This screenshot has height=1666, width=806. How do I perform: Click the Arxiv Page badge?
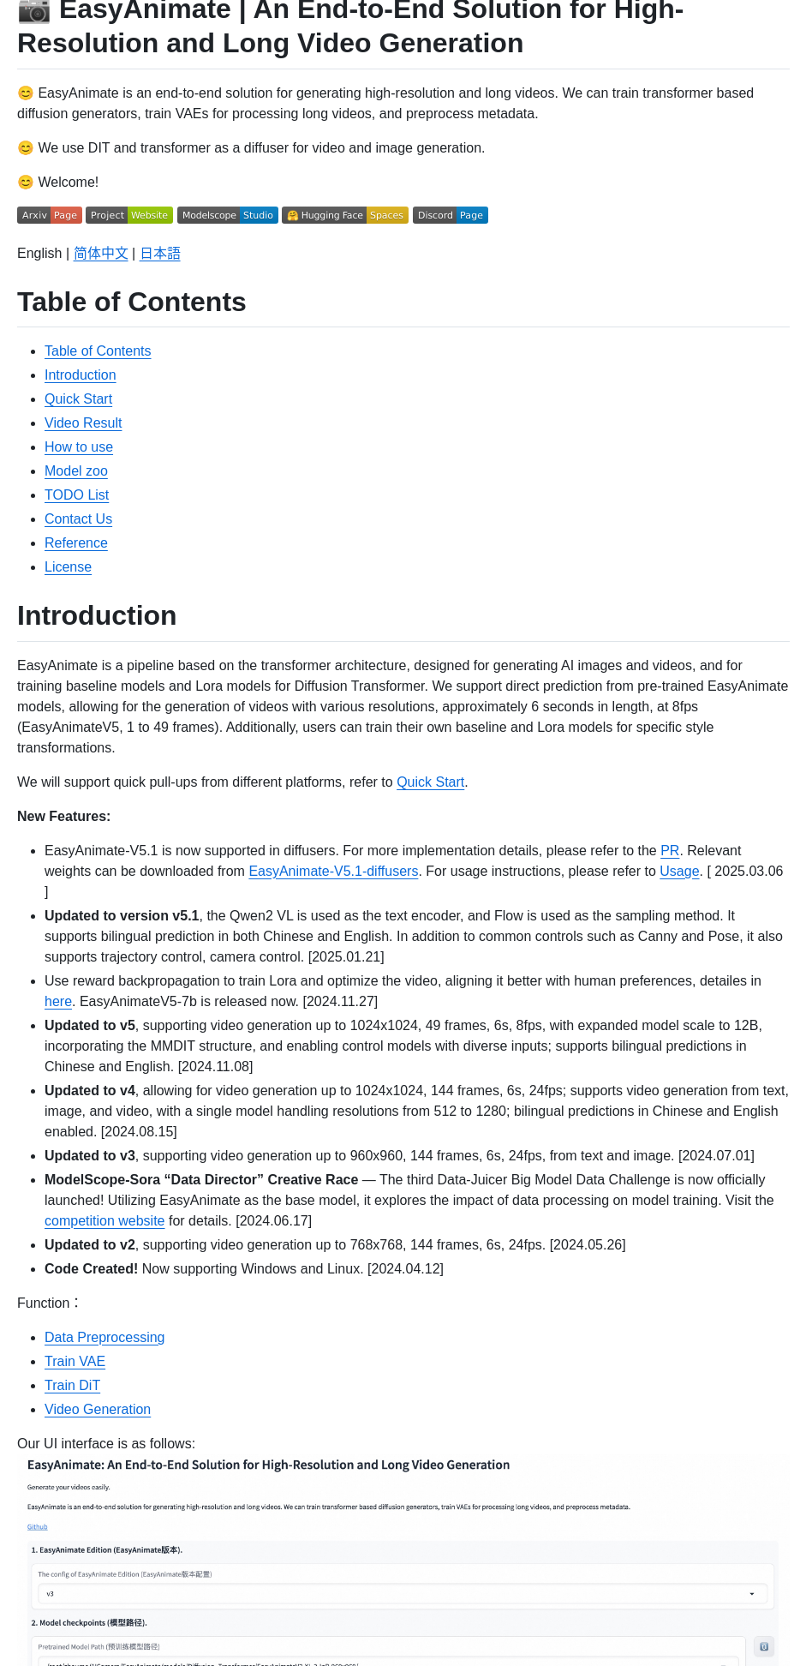click(49, 215)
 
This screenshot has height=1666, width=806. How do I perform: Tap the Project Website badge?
click(129, 215)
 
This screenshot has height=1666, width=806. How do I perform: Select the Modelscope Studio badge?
click(228, 215)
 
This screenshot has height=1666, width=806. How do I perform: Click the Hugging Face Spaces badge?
click(345, 215)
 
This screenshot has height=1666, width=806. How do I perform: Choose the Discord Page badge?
click(451, 215)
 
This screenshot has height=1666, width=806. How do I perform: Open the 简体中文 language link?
click(101, 254)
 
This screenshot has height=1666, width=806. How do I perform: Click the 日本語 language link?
click(160, 254)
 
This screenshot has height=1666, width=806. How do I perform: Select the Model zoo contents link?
click(76, 471)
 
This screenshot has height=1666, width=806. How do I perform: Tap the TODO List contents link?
click(76, 495)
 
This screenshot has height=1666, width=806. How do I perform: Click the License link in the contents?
click(68, 567)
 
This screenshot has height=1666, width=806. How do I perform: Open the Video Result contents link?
click(83, 423)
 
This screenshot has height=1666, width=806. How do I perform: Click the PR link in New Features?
click(670, 851)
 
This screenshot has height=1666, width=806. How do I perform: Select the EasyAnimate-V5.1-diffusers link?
click(333, 872)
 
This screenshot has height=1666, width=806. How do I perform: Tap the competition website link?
click(104, 1221)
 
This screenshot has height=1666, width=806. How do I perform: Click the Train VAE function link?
click(75, 1362)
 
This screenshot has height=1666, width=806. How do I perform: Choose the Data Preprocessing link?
click(104, 1338)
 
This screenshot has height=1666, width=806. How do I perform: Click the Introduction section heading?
click(97, 616)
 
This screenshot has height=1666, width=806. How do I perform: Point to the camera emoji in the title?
click(34, 10)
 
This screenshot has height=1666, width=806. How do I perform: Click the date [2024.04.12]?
click(405, 1269)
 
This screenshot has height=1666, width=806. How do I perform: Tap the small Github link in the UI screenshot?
click(38, 1527)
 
